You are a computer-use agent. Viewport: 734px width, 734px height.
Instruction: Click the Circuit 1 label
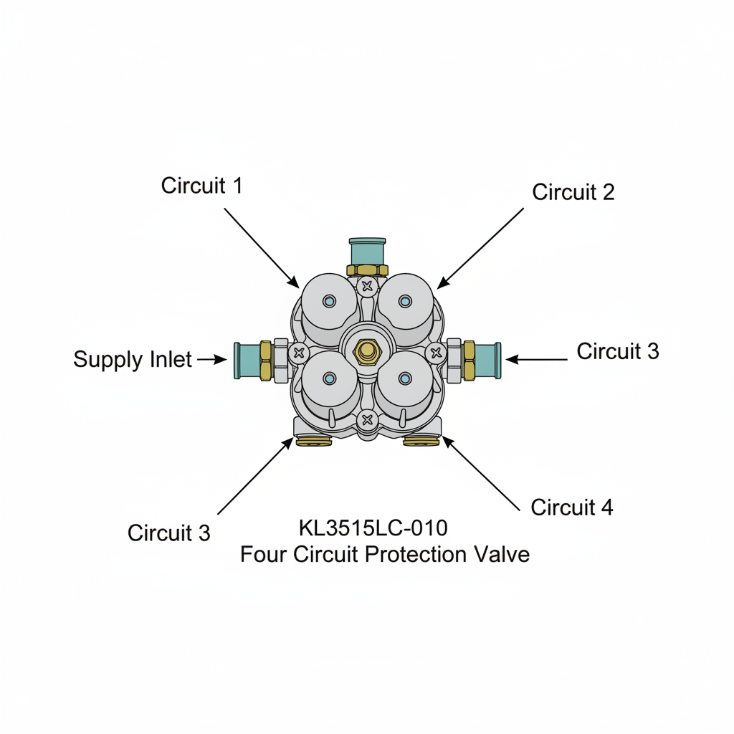click(x=201, y=186)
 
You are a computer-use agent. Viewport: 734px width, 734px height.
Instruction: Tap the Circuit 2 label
click(x=573, y=192)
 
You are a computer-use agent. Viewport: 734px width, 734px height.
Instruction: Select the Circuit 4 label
click(x=571, y=507)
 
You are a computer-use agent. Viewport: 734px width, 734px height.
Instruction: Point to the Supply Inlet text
click(x=133, y=360)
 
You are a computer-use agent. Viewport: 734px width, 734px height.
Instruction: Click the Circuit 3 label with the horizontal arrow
click(x=617, y=351)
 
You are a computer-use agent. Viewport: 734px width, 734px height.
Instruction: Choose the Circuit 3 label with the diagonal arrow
click(x=169, y=533)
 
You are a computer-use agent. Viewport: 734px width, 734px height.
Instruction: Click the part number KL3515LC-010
click(x=373, y=528)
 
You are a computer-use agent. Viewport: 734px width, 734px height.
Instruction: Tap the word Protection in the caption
click(x=416, y=555)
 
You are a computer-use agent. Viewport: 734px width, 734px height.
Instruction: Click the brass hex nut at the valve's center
click(x=368, y=351)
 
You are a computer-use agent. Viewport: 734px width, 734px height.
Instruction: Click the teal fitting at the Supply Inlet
click(x=247, y=360)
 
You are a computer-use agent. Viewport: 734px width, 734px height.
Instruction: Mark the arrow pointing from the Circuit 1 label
click(x=262, y=248)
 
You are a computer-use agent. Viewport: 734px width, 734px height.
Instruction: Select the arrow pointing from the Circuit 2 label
click(x=480, y=248)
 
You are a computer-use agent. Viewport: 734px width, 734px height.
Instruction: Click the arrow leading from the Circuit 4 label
click(x=481, y=474)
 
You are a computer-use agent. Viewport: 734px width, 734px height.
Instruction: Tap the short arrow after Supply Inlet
click(x=212, y=360)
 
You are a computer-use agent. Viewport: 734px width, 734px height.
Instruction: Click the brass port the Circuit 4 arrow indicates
click(x=421, y=440)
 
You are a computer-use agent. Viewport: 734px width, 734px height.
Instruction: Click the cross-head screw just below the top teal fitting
click(x=368, y=285)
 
